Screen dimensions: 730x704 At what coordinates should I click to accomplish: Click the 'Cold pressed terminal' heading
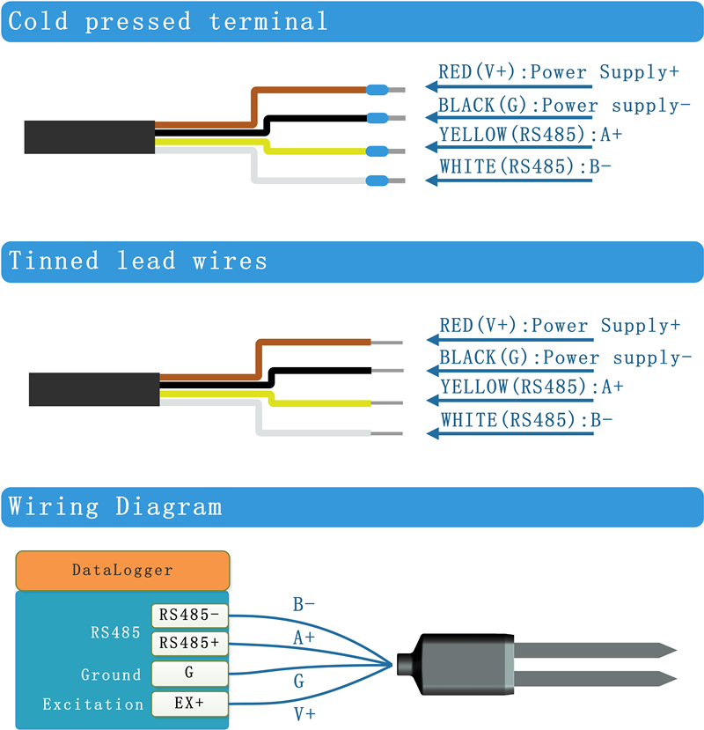(167, 22)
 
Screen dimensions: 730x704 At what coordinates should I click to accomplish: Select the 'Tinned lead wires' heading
(138, 262)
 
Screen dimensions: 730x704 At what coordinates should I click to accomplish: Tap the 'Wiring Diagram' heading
(115, 507)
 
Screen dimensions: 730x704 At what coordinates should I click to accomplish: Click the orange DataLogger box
(122, 571)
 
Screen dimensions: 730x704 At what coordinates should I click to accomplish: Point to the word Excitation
(92, 704)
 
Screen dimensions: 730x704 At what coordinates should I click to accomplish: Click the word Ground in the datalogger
(111, 675)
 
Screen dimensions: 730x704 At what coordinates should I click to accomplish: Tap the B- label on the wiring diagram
(304, 605)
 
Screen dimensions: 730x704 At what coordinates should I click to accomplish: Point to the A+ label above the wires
(304, 638)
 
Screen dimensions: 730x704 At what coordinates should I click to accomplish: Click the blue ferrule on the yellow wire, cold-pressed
(378, 151)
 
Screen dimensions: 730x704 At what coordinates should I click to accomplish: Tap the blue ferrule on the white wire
(378, 181)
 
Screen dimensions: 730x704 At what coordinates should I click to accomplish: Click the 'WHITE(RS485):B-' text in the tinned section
(526, 420)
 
